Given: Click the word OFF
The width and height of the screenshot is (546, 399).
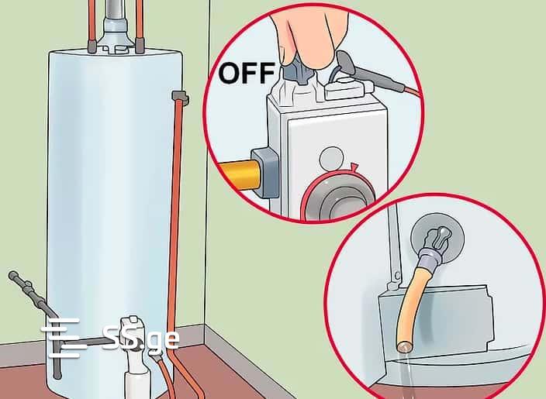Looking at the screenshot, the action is pyautogui.click(x=247, y=73).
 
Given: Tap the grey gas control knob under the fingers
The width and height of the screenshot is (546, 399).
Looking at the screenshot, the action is pyautogui.click(x=299, y=71).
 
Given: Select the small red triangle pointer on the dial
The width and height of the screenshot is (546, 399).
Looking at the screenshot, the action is pyautogui.click(x=354, y=167).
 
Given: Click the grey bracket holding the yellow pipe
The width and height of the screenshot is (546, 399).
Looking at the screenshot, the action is pyautogui.click(x=266, y=173).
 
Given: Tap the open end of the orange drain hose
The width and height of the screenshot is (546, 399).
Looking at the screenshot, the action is pyautogui.click(x=404, y=346).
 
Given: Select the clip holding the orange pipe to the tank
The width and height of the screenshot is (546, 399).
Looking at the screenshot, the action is pyautogui.click(x=180, y=98).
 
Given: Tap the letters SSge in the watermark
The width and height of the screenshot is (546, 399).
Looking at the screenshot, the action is pyautogui.click(x=141, y=338).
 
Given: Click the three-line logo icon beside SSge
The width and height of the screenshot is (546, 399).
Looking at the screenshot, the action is pyautogui.click(x=64, y=338).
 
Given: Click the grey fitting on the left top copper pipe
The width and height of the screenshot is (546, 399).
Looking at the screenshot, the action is pyautogui.click(x=92, y=46).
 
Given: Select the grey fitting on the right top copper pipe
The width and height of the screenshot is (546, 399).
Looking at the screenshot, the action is pyautogui.click(x=140, y=46).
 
